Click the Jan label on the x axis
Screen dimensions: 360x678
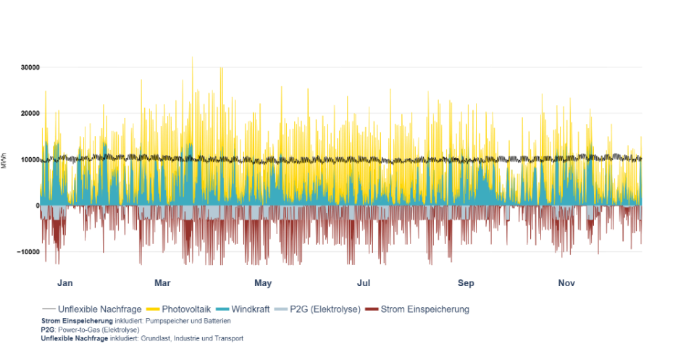(65, 282)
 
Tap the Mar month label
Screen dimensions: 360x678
(162, 282)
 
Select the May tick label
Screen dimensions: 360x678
(262, 282)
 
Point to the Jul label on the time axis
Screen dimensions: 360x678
(364, 282)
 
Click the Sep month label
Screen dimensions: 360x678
(466, 282)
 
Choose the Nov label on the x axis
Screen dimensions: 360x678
(566, 282)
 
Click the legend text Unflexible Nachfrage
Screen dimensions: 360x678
(100, 309)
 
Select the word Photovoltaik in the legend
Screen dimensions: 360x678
(186, 309)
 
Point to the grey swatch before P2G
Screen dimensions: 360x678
(281, 309)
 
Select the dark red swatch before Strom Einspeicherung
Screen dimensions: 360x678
(372, 309)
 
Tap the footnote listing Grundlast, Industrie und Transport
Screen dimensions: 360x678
(142, 338)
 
